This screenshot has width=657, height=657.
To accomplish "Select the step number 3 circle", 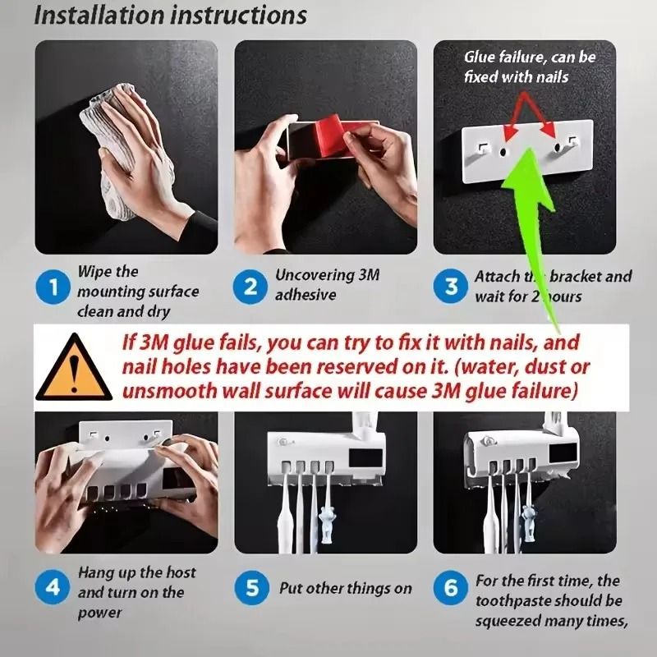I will click(451, 287).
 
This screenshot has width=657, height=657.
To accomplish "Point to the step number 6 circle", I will click(451, 588).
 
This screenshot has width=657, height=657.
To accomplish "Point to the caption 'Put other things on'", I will click(346, 588).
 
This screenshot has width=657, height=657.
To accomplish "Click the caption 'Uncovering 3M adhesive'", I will click(327, 285).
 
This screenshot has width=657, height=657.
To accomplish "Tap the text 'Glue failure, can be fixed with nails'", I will click(529, 67).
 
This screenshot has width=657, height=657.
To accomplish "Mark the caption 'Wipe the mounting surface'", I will click(137, 282).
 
